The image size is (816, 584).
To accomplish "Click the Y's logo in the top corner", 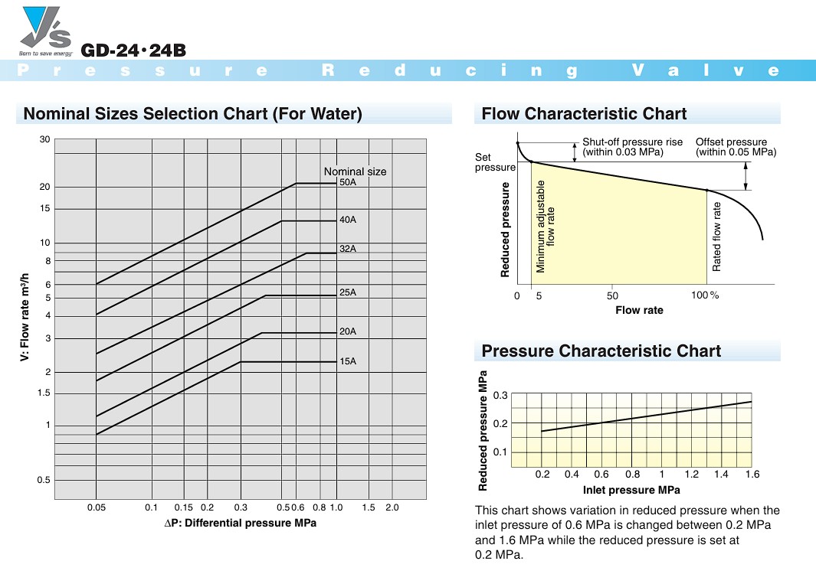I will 47,31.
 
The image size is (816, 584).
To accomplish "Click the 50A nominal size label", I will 348,183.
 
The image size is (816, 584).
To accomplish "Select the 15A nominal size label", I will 348,361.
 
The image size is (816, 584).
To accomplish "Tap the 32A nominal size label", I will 348,249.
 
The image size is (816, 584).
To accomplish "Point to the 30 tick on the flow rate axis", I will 44,139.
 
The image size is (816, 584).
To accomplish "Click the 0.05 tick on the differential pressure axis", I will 96,507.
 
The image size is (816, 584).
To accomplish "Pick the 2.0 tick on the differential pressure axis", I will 392,507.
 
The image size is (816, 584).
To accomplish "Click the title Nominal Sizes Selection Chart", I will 192,114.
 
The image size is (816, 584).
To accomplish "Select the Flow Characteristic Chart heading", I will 584,114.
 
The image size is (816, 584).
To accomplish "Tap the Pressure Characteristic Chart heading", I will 601,351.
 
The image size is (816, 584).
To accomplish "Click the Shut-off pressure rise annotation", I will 622,147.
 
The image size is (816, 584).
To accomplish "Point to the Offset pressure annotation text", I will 736,147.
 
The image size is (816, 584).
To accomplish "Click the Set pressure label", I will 495,162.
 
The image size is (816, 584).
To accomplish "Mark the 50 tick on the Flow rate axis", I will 612,295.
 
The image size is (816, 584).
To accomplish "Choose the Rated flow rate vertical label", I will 717,237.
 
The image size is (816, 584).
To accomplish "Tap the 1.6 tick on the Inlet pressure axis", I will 752,475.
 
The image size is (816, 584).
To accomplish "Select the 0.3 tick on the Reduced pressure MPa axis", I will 500,395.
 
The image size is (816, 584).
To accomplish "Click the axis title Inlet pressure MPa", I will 631,490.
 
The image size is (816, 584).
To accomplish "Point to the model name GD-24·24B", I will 133,51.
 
